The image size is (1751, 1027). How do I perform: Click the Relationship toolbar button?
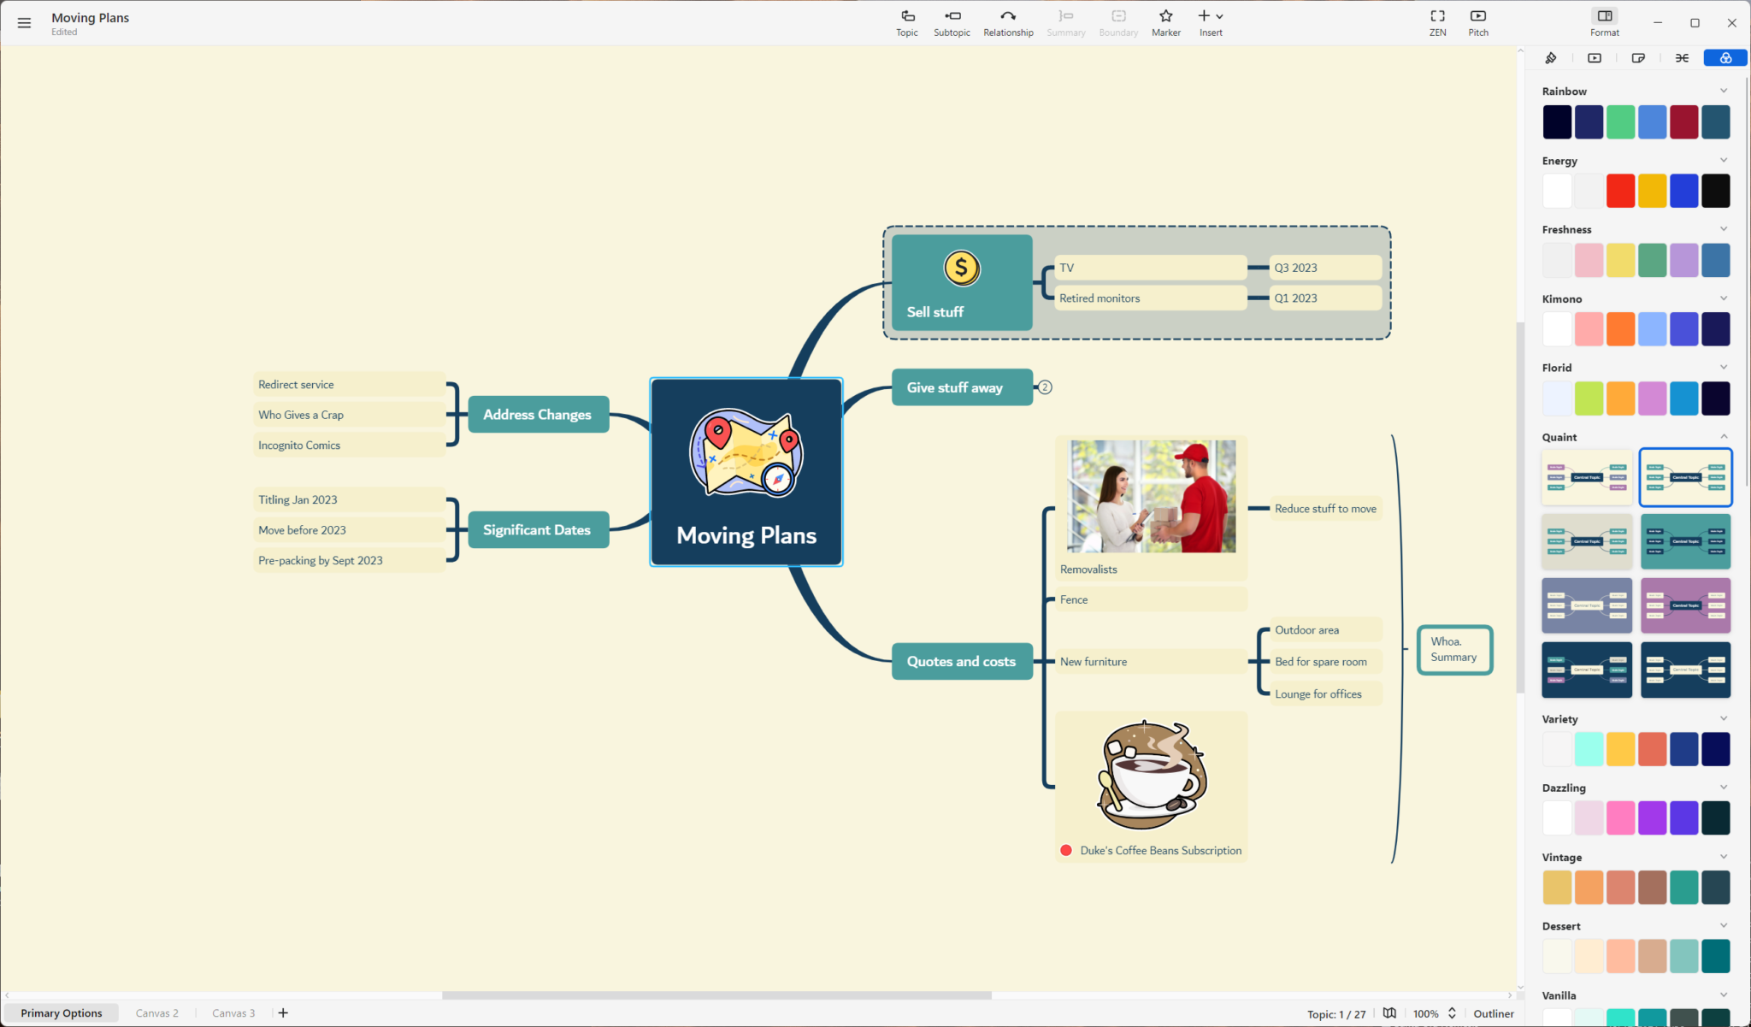(x=1008, y=22)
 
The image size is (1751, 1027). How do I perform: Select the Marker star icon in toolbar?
(x=1165, y=16)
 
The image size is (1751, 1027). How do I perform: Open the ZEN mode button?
(x=1437, y=22)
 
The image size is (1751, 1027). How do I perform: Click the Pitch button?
(x=1477, y=22)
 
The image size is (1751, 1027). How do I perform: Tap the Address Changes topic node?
(x=538, y=415)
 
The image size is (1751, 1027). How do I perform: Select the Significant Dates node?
(x=538, y=530)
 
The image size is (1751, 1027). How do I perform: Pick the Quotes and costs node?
(x=961, y=662)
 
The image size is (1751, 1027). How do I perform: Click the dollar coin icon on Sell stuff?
(x=961, y=269)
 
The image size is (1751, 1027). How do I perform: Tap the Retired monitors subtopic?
(x=1100, y=298)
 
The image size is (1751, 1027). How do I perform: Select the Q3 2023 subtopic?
(x=1296, y=268)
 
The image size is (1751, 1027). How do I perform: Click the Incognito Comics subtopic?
(x=299, y=446)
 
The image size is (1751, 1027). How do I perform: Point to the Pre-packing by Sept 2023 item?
(x=321, y=561)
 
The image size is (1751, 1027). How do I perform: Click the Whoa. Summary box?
(x=1454, y=650)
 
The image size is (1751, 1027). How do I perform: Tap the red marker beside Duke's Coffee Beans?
(x=1066, y=851)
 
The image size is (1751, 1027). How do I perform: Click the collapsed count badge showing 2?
(x=1045, y=387)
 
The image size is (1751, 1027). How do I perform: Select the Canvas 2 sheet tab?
(x=157, y=1013)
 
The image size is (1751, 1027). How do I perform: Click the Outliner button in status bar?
(x=1493, y=1014)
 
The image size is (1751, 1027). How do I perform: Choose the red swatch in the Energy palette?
(x=1620, y=191)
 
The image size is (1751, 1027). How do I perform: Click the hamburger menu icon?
(x=24, y=24)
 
